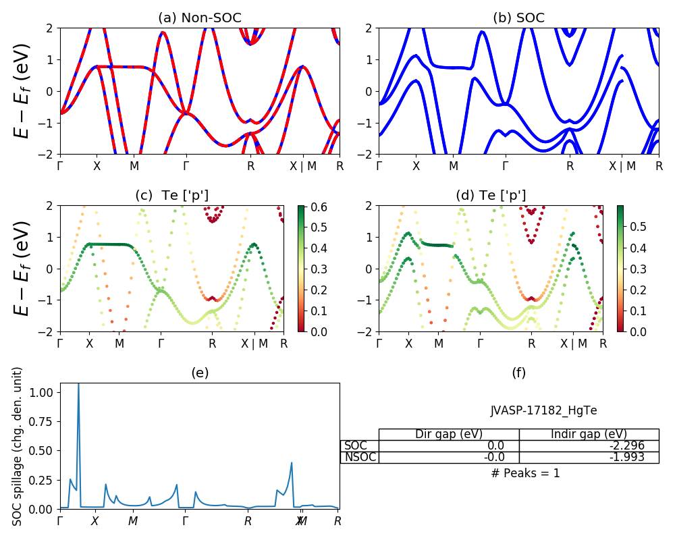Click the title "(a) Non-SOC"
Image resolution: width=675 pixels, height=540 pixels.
tap(199, 18)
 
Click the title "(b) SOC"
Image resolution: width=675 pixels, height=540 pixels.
tap(518, 18)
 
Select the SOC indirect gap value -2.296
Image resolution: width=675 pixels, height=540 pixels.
tap(624, 446)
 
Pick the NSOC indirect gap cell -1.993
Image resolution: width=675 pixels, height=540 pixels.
tap(624, 457)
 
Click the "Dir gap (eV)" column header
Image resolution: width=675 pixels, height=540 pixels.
tap(449, 434)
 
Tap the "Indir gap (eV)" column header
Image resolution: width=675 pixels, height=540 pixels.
tap(589, 434)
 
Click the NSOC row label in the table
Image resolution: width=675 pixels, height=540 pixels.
tap(359, 457)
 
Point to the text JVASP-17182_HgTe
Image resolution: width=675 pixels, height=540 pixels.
tap(543, 410)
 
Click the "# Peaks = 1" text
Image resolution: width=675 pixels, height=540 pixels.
tap(526, 473)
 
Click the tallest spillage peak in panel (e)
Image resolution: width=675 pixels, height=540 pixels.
tap(78, 385)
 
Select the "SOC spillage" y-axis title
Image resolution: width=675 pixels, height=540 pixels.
tap(18, 446)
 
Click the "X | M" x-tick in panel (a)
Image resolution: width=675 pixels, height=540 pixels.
tap(302, 165)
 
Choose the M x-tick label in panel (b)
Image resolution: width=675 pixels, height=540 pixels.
tap(454, 165)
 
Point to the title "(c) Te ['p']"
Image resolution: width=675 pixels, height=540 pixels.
tap(172, 196)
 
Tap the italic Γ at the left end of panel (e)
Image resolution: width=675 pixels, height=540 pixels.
tap(60, 521)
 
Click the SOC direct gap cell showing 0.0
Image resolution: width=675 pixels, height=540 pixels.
tap(496, 446)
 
